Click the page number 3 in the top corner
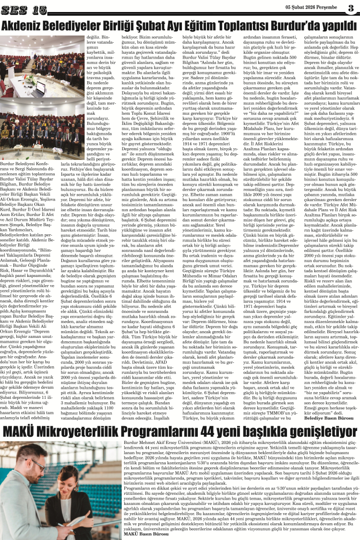click(351, 8)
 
